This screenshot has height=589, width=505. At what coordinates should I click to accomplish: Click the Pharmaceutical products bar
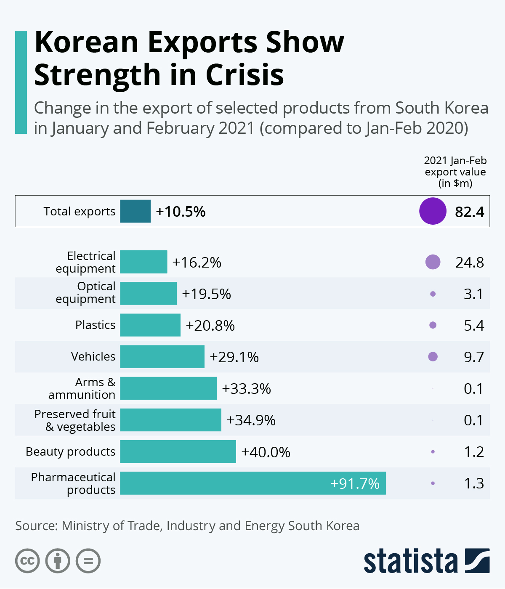(252, 483)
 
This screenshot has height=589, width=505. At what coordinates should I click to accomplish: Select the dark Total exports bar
(135, 211)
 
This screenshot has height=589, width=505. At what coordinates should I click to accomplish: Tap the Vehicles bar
(162, 357)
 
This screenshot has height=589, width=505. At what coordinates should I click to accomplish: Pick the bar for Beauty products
(178, 451)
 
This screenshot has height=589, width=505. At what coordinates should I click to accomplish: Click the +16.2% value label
(197, 263)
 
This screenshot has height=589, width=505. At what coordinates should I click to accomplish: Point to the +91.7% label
(355, 484)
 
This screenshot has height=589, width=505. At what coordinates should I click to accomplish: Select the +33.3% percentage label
(246, 389)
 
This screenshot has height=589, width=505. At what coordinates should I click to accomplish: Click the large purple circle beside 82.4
(433, 211)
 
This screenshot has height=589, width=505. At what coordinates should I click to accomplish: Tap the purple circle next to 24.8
(433, 262)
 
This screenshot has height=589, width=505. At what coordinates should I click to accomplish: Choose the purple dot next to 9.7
(433, 357)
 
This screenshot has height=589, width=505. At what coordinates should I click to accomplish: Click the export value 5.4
(474, 326)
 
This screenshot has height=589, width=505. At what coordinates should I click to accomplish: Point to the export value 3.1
(474, 294)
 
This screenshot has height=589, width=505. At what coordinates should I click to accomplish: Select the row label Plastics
(95, 325)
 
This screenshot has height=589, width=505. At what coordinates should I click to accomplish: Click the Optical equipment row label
(86, 292)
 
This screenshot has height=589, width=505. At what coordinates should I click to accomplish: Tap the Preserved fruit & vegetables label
(75, 420)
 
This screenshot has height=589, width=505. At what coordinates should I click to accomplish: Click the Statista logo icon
(477, 561)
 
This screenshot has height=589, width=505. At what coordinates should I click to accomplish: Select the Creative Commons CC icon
(27, 561)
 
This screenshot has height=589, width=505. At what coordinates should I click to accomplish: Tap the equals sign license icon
(88, 561)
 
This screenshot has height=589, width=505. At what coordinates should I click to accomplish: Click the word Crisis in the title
(245, 75)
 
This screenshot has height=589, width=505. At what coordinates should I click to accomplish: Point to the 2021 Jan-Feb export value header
(455, 172)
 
